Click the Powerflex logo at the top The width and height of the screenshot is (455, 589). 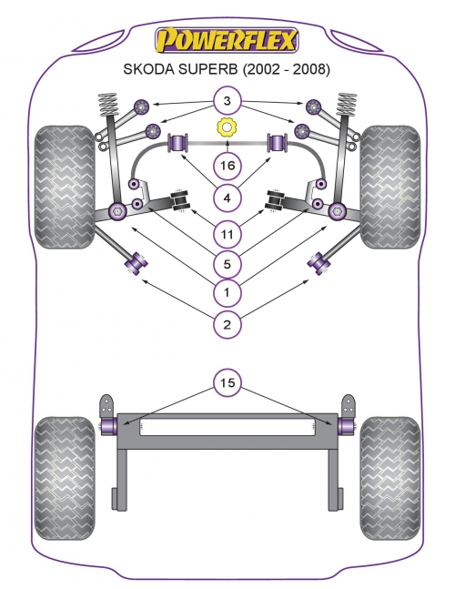[x=227, y=40]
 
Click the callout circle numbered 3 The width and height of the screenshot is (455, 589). [x=227, y=101]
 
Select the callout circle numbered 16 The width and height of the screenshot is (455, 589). [x=227, y=166]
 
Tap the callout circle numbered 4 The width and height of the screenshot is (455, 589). [x=227, y=198]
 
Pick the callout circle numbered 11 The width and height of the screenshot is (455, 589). [x=227, y=234]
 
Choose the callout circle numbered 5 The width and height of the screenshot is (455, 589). [x=227, y=264]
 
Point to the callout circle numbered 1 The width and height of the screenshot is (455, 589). [x=227, y=292]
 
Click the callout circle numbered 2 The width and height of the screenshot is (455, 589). [x=227, y=324]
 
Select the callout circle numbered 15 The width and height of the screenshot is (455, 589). [x=227, y=383]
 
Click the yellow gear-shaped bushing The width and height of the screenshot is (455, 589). [x=227, y=127]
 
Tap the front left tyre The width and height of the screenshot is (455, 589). [x=64, y=187]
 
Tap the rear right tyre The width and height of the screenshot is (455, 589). [x=389, y=478]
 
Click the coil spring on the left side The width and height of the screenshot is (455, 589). [x=108, y=105]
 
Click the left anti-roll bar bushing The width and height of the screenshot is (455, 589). [x=178, y=143]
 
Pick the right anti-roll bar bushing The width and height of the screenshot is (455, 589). [x=277, y=143]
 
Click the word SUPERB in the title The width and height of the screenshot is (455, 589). [x=210, y=69]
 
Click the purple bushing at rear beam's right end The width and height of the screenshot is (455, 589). [x=346, y=426]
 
